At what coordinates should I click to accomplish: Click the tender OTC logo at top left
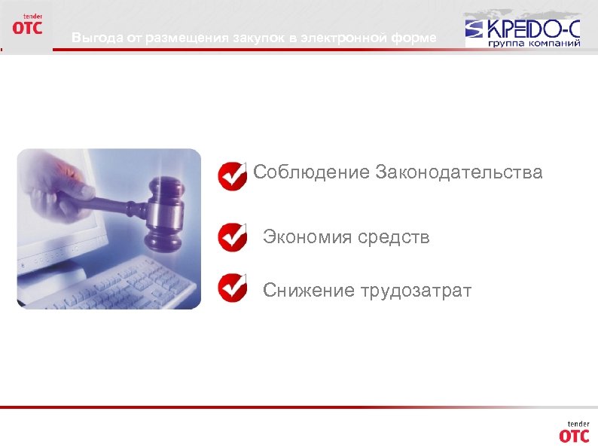tap(27, 24)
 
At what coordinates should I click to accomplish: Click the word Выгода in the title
tap(90, 38)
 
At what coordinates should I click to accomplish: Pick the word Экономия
tap(307, 238)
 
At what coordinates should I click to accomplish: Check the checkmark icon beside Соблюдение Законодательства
tap(232, 175)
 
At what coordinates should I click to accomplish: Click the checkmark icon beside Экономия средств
tap(232, 237)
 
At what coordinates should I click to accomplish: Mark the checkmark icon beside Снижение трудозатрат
tap(232, 288)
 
